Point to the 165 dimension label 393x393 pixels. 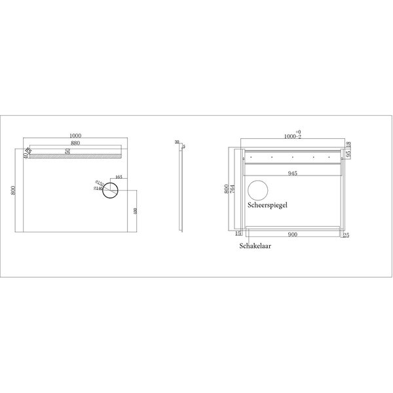point(119,178)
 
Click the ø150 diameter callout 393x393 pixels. point(98,183)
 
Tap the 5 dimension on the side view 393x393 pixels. point(183,146)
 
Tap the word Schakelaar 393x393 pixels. point(256,247)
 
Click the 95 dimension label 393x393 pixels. point(349,155)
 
